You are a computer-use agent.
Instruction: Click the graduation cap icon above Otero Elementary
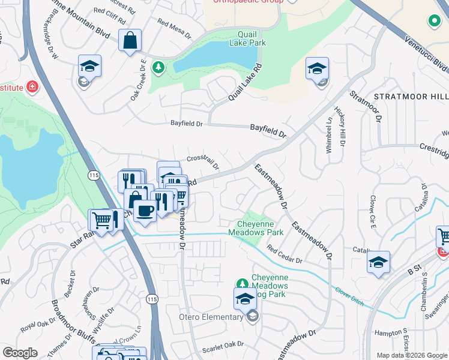tap(245, 299)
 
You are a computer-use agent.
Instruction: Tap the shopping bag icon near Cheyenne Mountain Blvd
tap(130, 41)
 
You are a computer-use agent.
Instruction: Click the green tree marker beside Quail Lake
tap(159, 67)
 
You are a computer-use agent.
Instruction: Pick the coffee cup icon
tap(145, 211)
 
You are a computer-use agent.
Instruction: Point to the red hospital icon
tap(31, 88)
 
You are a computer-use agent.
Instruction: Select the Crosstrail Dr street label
tap(203, 162)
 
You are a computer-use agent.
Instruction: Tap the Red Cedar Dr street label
tap(285, 257)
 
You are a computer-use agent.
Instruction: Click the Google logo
tap(20, 353)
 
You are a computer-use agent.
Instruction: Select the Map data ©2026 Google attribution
tap(411, 355)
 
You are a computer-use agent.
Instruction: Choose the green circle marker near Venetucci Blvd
tap(434, 22)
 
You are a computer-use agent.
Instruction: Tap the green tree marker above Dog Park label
tap(242, 283)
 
